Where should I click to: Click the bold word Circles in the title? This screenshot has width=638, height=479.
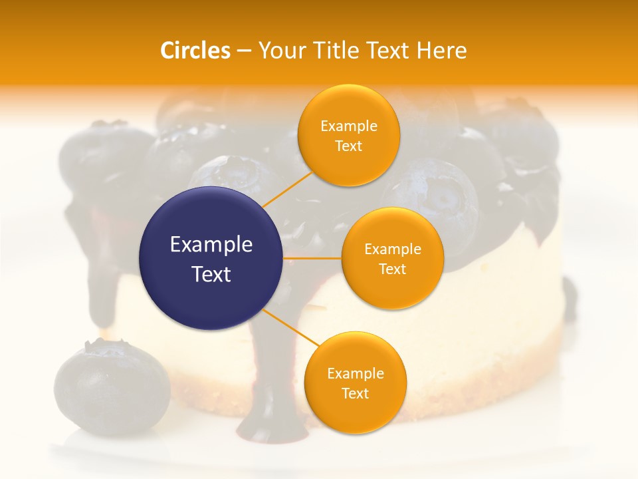tap(195, 51)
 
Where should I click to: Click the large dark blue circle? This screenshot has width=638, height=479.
tap(211, 258)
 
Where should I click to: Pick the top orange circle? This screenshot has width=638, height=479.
tap(348, 135)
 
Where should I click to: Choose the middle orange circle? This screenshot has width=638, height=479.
tap(392, 258)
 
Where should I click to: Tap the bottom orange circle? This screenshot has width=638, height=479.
tap(355, 382)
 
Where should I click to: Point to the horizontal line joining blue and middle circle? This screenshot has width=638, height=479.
tap(312, 258)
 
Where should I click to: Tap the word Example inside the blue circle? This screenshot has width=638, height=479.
tap(211, 245)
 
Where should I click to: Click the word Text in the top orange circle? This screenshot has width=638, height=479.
tap(348, 146)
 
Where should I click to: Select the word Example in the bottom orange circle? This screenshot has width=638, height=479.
tap(355, 373)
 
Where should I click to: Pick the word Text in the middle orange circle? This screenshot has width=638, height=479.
tap(392, 269)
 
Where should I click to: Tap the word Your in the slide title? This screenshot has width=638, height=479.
tap(280, 51)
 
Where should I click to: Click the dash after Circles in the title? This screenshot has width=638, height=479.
tap(244, 51)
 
